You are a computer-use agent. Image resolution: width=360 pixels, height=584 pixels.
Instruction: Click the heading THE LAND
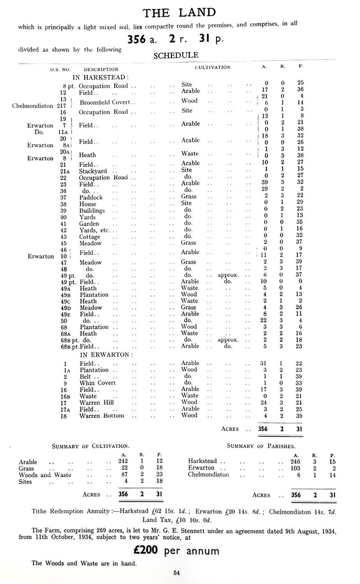179,13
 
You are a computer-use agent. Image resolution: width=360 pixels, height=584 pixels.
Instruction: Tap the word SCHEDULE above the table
176,55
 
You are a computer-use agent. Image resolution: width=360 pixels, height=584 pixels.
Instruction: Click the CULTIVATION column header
212,67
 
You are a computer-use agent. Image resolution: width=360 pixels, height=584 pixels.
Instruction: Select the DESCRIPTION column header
101,69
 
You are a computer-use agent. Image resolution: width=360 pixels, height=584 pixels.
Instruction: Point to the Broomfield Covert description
105,102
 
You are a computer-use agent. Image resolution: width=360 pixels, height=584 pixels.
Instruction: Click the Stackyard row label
93,171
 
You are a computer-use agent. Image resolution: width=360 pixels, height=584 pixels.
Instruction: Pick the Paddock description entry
91,198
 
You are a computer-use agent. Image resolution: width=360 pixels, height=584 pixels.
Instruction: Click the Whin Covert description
98,383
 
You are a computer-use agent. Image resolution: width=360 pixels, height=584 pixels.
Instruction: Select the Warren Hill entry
96,403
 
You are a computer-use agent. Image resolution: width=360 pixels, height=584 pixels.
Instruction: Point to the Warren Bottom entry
102,416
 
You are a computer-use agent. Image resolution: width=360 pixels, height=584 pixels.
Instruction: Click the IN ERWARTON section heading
106,354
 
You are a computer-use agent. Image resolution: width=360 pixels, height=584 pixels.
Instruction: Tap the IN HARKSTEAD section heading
100,77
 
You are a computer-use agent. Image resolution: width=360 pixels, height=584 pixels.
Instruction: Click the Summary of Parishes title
261,446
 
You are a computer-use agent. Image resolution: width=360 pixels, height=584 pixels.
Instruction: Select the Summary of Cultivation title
90,446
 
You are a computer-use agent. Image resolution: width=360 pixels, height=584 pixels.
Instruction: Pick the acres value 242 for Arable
123,461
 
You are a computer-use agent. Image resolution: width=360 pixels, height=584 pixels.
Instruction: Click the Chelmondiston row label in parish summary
208,475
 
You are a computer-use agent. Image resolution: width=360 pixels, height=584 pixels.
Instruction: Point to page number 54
176,572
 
